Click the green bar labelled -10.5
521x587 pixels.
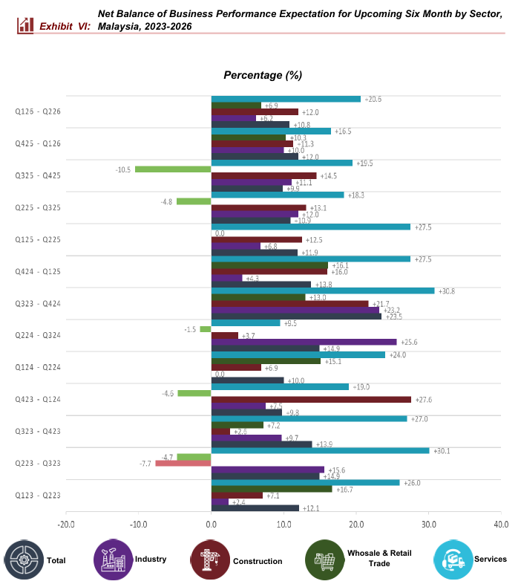pos(173,169)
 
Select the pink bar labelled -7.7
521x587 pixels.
pos(183,464)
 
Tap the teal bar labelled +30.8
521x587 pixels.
pos(323,291)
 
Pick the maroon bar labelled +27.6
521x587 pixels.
pos(311,400)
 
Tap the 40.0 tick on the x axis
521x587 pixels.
pos(501,525)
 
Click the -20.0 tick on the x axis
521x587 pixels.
pos(65,525)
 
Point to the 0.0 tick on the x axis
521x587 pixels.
pos(212,525)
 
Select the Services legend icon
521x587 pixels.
pos(453,560)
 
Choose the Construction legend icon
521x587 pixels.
pos(210,560)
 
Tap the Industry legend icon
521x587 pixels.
pos(114,560)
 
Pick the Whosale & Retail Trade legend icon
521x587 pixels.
pos(325,560)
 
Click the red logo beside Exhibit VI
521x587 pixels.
pos(26,25)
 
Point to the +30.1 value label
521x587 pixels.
pos(443,450)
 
